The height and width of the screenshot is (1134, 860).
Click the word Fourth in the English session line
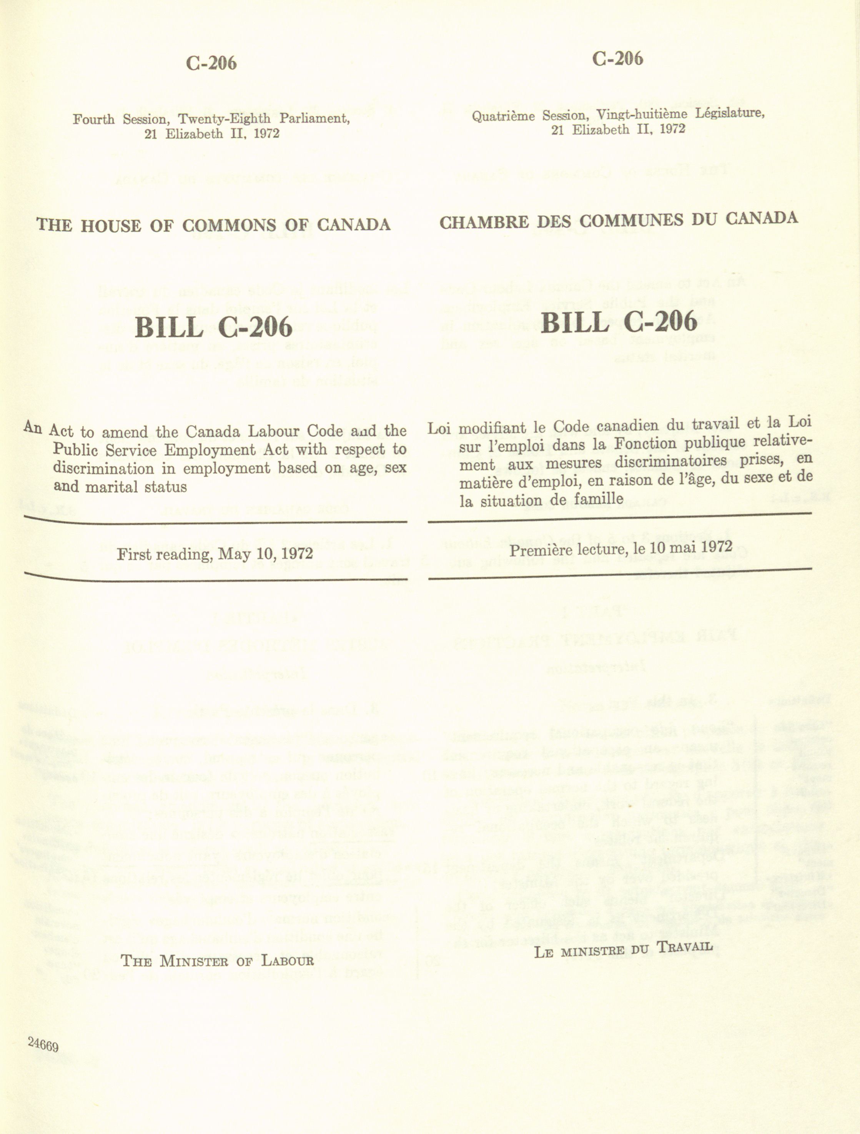coord(93,120)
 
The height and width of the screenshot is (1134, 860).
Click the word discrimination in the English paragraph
coord(103,469)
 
